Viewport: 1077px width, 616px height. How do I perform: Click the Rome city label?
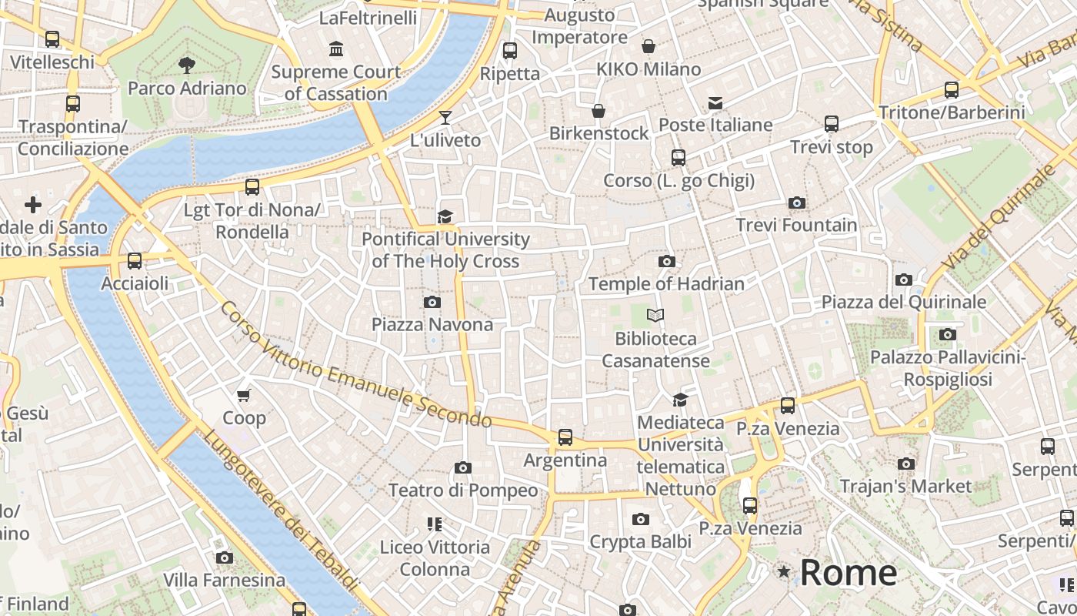tap(848, 573)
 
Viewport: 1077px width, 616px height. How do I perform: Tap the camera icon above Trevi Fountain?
tap(797, 203)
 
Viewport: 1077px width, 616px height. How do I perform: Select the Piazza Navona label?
tap(432, 324)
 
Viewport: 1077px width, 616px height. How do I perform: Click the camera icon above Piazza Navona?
tap(432, 302)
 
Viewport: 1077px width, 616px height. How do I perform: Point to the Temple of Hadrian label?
tap(666, 284)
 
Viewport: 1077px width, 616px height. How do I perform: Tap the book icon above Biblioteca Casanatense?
tap(655, 315)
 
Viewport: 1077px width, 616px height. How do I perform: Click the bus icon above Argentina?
tap(565, 437)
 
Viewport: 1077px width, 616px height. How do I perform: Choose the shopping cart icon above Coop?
tap(244, 396)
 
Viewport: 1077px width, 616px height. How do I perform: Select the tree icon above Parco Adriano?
tap(187, 65)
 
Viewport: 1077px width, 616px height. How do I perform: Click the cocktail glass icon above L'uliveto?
tap(445, 118)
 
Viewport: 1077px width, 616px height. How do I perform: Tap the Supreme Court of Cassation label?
tap(336, 83)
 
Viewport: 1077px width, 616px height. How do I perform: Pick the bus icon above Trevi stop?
tap(832, 124)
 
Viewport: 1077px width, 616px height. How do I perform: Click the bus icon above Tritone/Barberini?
tap(952, 89)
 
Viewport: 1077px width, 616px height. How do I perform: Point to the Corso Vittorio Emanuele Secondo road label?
tap(355, 364)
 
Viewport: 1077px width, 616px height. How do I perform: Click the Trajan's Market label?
tap(906, 486)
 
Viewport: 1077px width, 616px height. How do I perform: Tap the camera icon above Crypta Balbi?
tap(640, 520)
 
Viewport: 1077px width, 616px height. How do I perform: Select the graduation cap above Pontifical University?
tap(445, 216)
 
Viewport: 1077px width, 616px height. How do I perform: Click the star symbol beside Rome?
tap(784, 571)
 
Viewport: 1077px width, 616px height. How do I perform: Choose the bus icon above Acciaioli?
tap(135, 261)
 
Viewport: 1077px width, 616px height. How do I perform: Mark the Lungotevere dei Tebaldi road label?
tap(280, 511)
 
